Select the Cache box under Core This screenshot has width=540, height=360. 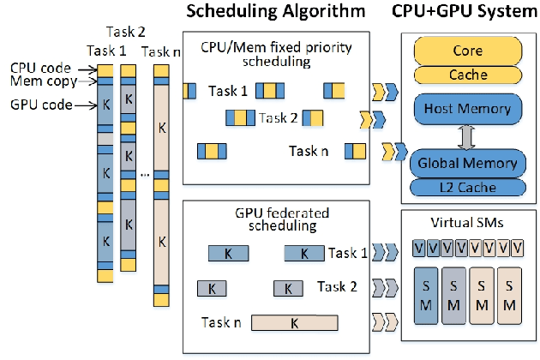(467, 75)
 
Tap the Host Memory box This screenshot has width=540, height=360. (467, 109)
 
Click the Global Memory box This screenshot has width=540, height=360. (467, 163)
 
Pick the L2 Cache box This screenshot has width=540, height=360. (467, 186)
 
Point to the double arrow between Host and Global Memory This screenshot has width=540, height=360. (467, 135)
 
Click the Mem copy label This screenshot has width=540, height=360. (39, 82)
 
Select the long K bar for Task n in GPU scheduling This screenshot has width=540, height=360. (294, 323)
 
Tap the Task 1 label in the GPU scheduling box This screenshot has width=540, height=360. (347, 253)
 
